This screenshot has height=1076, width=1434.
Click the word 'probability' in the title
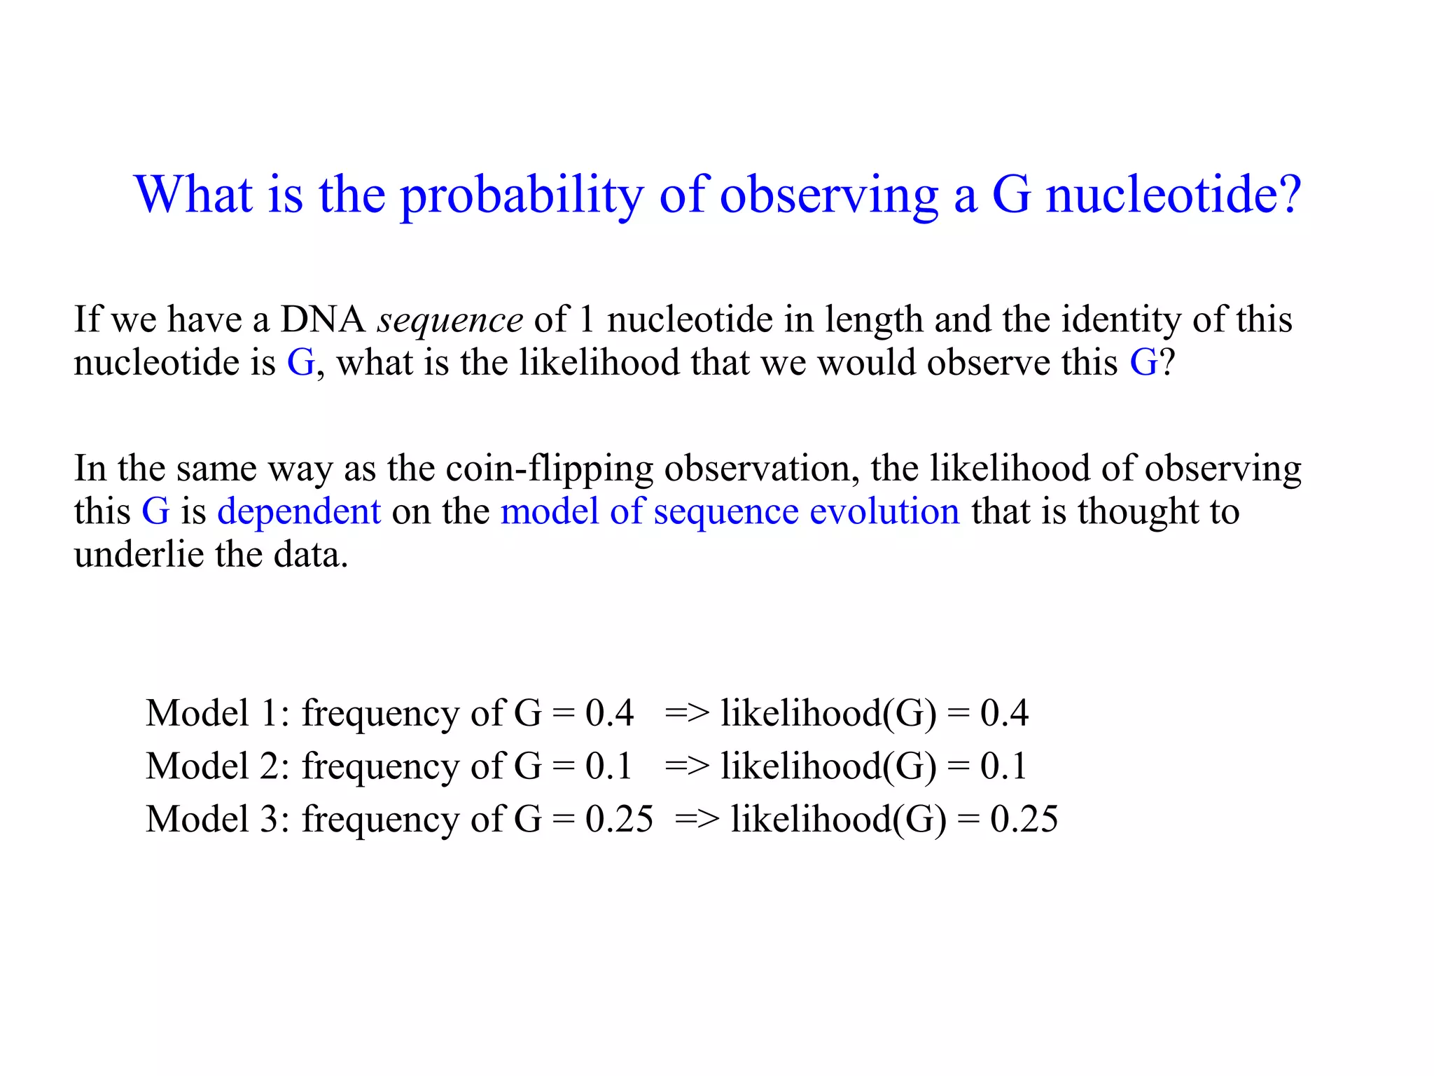point(521,195)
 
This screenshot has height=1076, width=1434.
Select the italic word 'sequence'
point(450,321)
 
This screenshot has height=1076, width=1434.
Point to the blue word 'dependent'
point(299,511)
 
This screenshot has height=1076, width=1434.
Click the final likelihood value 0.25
point(1024,819)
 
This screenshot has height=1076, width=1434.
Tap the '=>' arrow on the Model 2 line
point(686,766)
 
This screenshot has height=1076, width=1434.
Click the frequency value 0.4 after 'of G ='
point(609,713)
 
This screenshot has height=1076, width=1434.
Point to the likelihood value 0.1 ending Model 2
point(1003,766)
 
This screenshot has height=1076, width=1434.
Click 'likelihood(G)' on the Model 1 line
point(828,713)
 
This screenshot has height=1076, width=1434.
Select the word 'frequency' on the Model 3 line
point(380,819)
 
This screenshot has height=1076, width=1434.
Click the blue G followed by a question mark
point(1143,363)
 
